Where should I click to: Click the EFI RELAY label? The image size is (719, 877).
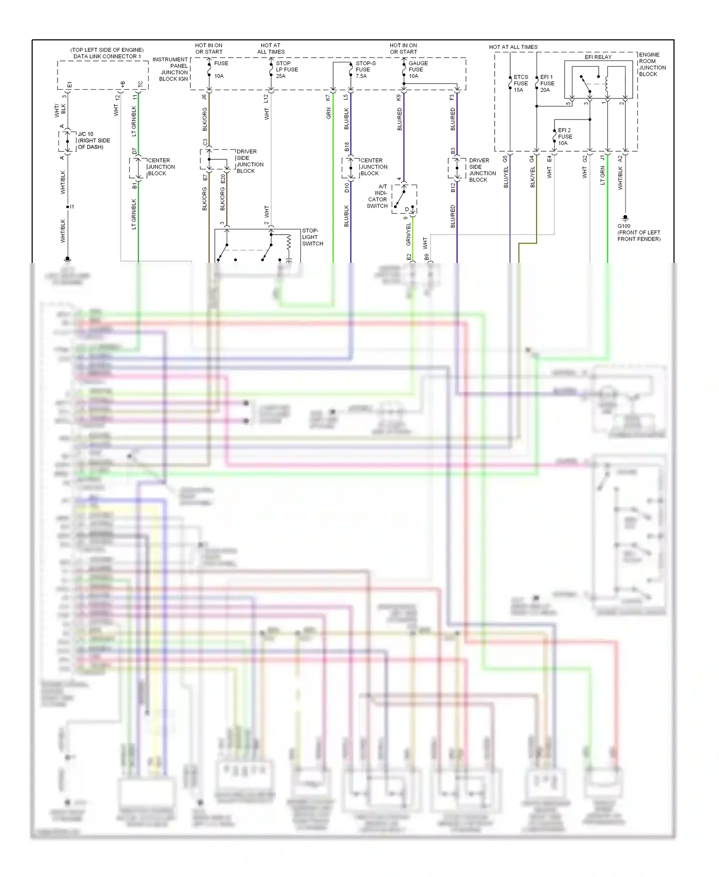[x=598, y=57]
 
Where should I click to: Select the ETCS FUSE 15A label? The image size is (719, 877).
[x=521, y=83]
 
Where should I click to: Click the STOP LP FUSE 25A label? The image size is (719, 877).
[x=286, y=70]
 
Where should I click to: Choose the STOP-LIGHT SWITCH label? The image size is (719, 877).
[x=312, y=237]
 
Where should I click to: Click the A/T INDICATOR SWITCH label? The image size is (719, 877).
[x=378, y=196]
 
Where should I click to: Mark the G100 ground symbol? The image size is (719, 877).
[x=625, y=218]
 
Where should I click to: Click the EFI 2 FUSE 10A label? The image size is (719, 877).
[x=565, y=137]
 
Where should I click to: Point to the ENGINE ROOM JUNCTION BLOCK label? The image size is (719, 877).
[x=652, y=64]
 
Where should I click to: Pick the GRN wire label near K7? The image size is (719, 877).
[x=329, y=114]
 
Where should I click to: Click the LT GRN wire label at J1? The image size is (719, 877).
[x=603, y=176]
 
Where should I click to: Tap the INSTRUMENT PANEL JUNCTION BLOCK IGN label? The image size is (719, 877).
[x=171, y=69]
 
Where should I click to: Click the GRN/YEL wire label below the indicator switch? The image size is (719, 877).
[x=408, y=235]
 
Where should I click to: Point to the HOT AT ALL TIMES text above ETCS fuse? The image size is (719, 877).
[x=513, y=47]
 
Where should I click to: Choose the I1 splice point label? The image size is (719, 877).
[x=72, y=207]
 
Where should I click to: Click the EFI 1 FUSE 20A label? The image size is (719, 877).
[x=547, y=83]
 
